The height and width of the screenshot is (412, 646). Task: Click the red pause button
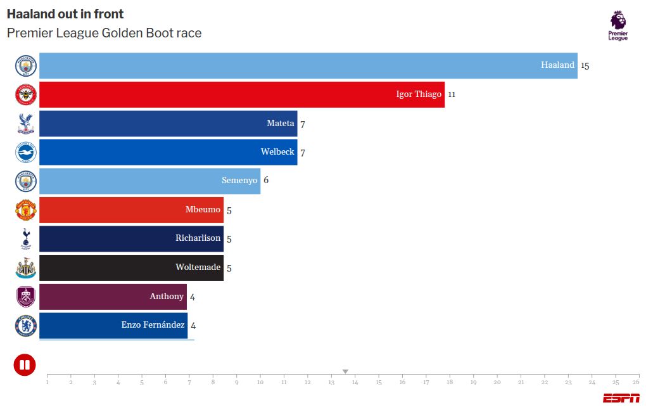coord(25,364)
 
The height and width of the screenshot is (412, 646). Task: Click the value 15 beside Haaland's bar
coord(585,65)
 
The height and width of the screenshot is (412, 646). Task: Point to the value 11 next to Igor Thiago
coord(452,94)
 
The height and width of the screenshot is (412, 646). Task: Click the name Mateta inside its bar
coord(280,124)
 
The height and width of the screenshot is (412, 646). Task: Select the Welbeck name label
coord(277,152)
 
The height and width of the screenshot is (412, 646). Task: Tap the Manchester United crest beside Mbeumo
coord(26,210)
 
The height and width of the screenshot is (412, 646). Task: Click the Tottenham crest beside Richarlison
coord(26,239)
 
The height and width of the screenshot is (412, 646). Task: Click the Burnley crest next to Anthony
coord(26,297)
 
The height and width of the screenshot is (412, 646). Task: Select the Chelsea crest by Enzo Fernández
coord(26,326)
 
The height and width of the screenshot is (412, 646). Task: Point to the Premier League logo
coord(617,26)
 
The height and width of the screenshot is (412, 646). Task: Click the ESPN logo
coord(621,398)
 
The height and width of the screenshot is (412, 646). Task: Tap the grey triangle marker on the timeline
coord(345,371)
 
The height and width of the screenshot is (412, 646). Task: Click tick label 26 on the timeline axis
coord(635,382)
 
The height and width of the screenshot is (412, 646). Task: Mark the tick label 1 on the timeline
coord(47,382)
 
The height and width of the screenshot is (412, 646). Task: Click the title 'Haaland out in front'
coord(65,14)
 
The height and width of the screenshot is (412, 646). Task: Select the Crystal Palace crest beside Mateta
coord(26,124)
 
